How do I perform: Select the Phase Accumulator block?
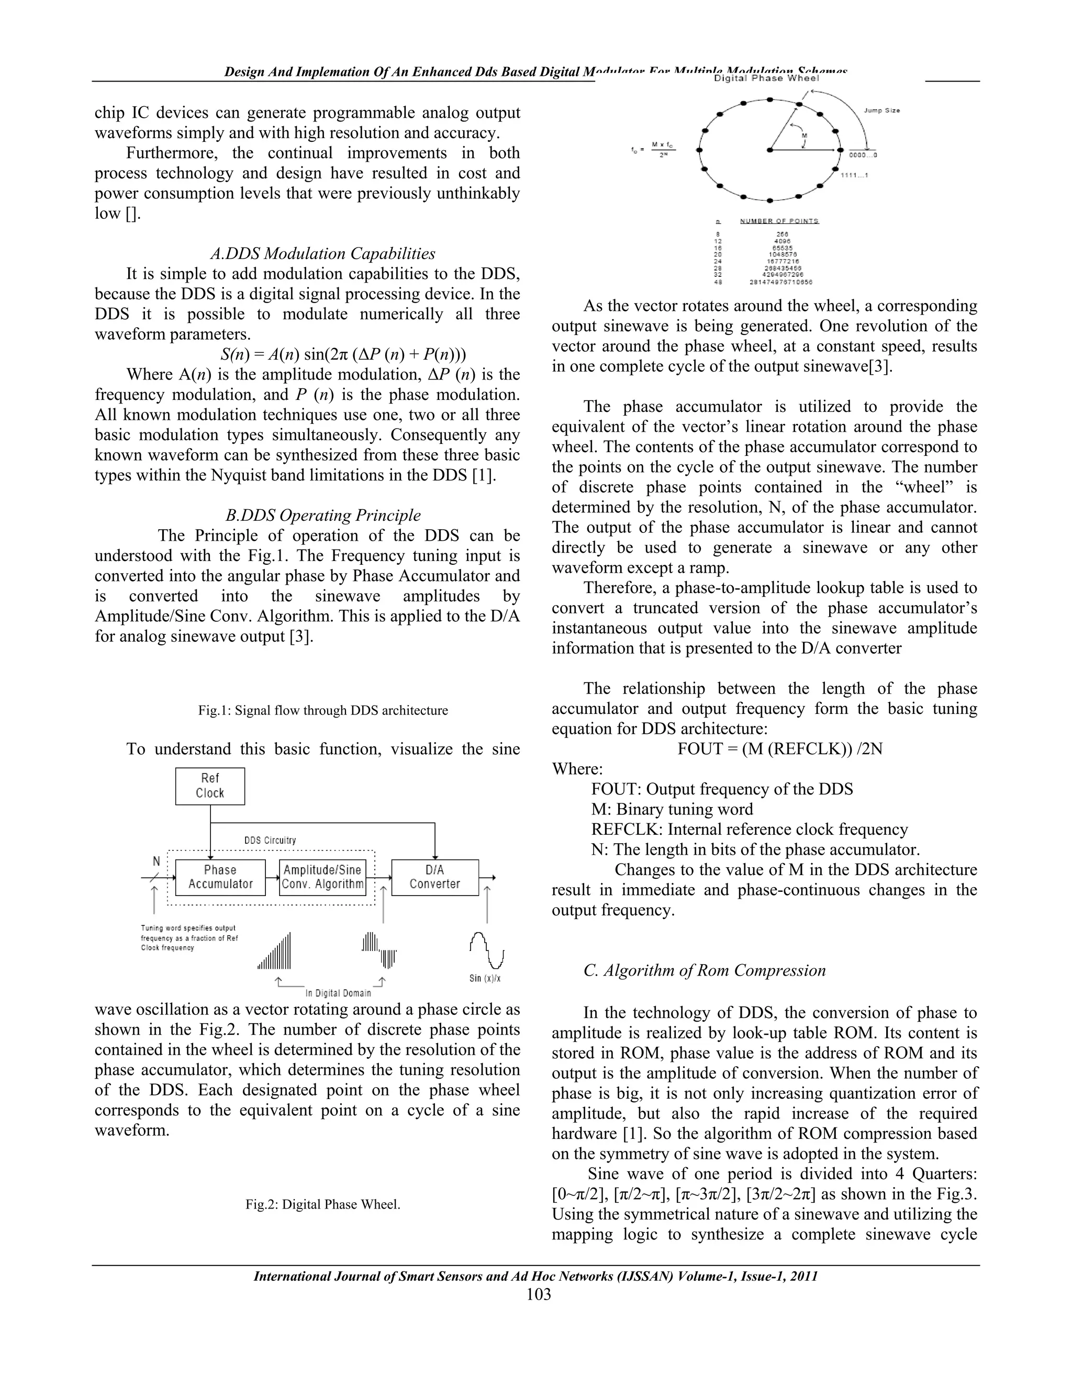pyautogui.click(x=220, y=877)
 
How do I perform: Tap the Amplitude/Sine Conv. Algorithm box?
pyautogui.click(x=322, y=877)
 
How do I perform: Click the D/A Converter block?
pyautogui.click(x=434, y=877)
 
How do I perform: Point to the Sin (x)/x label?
pyautogui.click(x=485, y=979)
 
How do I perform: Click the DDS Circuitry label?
pyautogui.click(x=270, y=840)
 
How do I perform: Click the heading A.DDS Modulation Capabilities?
pyautogui.click(x=322, y=253)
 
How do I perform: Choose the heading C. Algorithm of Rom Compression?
pyautogui.click(x=705, y=970)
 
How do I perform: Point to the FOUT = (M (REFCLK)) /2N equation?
pyautogui.click(x=779, y=749)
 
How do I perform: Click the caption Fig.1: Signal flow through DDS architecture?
pyautogui.click(x=322, y=711)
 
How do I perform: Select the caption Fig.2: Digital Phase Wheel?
pyautogui.click(x=322, y=1204)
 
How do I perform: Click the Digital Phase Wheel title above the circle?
pyautogui.click(x=766, y=79)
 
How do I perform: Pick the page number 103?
pyautogui.click(x=538, y=1294)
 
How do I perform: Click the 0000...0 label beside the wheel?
pyautogui.click(x=863, y=155)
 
